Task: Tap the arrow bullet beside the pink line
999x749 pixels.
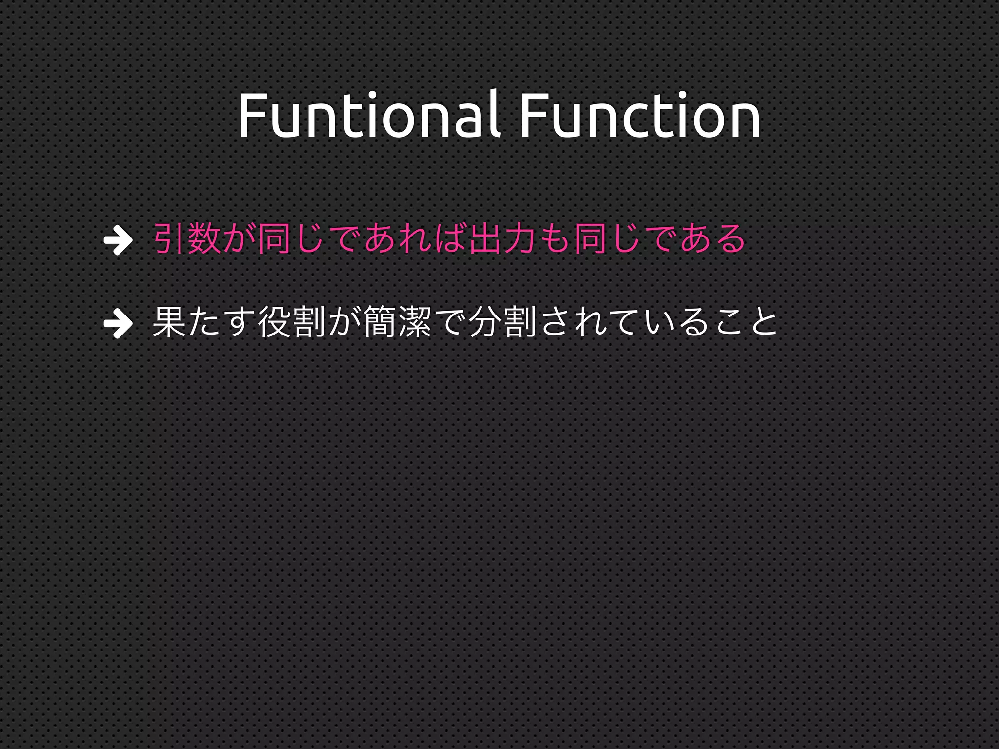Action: coord(118,239)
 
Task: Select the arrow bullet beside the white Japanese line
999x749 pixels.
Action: coord(118,323)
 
